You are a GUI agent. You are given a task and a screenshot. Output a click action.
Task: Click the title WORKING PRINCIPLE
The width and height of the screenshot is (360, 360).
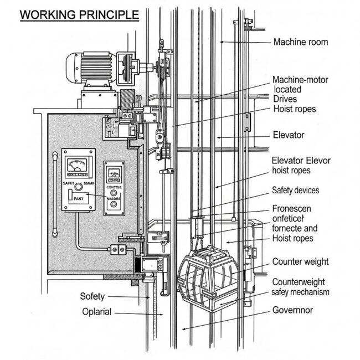click(x=79, y=14)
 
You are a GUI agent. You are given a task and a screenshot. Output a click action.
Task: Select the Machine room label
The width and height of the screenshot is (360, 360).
click(x=300, y=42)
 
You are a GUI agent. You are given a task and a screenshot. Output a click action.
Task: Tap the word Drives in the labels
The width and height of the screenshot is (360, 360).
click(x=286, y=99)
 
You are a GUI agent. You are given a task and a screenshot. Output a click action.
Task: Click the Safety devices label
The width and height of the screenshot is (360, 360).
click(x=295, y=191)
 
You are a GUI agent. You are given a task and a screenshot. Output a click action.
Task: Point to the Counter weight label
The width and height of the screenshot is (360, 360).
click(x=300, y=261)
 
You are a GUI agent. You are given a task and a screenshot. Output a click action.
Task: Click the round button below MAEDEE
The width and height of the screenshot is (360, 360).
click(x=114, y=205)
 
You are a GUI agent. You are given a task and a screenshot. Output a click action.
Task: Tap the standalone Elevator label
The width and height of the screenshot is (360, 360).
click(x=289, y=135)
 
